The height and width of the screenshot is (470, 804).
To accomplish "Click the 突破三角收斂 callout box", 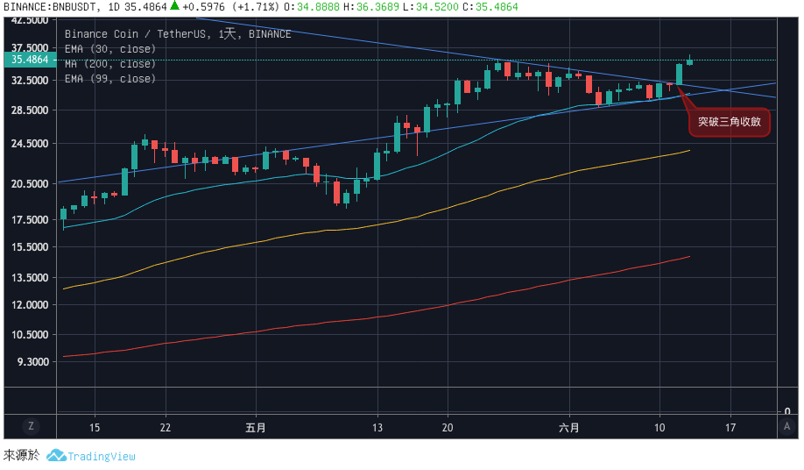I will [x=729, y=123].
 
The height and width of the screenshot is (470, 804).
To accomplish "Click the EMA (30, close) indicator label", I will [x=110, y=49].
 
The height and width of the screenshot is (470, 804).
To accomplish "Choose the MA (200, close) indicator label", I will [x=110, y=64].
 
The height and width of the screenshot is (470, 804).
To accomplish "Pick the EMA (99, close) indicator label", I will [x=110, y=79].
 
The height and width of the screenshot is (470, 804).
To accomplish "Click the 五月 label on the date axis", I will [x=256, y=428].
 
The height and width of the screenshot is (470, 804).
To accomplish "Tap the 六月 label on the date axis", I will [x=569, y=428].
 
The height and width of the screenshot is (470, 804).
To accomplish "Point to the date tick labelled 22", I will [x=166, y=428].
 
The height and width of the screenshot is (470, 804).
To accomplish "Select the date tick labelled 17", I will [x=730, y=428].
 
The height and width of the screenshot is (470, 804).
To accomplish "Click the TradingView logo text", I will [x=102, y=456].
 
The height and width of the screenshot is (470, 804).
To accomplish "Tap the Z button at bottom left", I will [x=31, y=426].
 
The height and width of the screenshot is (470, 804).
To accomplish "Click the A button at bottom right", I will [x=787, y=426].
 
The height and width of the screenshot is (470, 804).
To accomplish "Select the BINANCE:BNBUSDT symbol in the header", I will [x=48, y=7].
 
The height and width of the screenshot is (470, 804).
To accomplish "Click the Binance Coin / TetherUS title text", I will [x=130, y=34].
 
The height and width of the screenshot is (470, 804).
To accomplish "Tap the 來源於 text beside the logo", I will [x=21, y=456].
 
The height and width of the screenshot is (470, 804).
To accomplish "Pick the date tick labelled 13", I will [x=377, y=428].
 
